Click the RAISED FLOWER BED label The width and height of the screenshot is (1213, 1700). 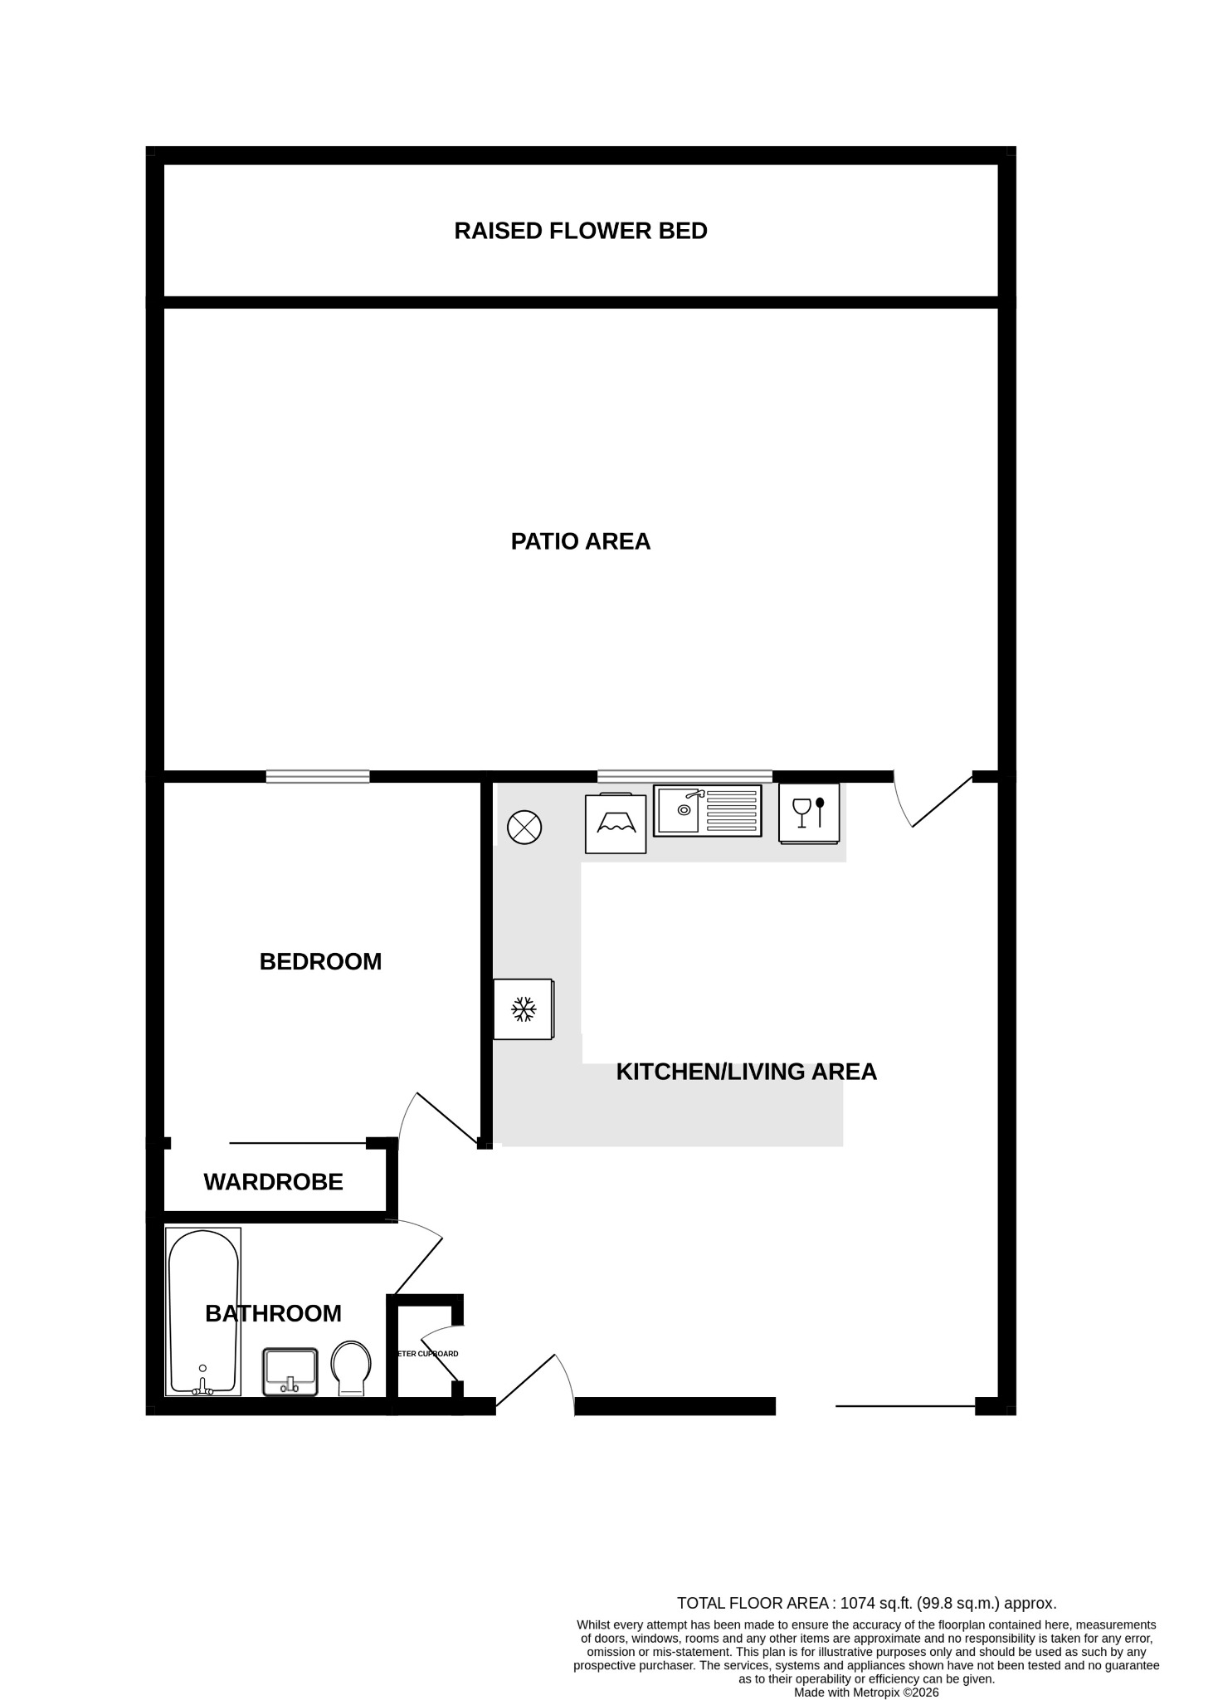coord(580,231)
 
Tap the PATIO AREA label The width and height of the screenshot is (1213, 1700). coord(580,541)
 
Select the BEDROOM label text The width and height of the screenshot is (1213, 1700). coord(320,961)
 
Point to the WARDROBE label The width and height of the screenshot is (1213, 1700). coord(273,1181)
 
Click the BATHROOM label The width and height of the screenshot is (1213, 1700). coord(273,1313)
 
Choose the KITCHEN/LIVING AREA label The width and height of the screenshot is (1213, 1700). coord(746,1072)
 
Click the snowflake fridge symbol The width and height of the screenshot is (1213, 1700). coord(523,1009)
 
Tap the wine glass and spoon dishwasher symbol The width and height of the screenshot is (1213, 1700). coord(809,813)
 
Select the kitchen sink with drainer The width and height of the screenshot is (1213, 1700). coord(707,810)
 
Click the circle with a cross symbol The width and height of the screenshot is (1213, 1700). coord(524,828)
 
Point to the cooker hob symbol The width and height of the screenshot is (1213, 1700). coord(616,823)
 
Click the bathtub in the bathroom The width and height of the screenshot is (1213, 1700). coord(203,1312)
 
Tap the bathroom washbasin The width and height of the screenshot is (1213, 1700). coord(290,1371)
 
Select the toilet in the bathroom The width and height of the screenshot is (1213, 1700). coord(351,1369)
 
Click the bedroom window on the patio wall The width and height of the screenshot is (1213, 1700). coord(318,777)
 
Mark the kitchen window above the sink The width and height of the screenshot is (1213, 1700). coord(684,777)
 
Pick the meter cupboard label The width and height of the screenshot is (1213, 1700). coord(428,1354)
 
